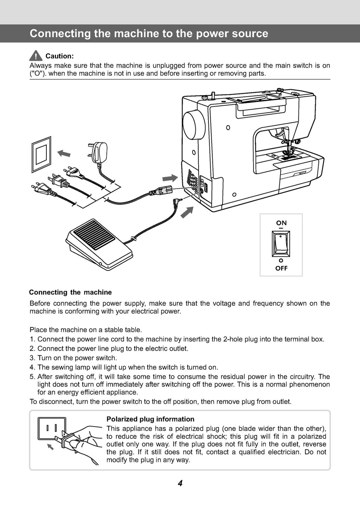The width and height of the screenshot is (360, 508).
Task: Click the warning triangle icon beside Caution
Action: pyautogui.click(x=36, y=56)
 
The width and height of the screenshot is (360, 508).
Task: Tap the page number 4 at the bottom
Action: pyautogui.click(x=180, y=483)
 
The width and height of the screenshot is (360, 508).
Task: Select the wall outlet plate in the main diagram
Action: pyautogui.click(x=41, y=154)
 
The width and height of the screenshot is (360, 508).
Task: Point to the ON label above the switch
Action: pyautogui.click(x=281, y=223)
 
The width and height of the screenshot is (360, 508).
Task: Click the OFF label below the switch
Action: pyautogui.click(x=281, y=268)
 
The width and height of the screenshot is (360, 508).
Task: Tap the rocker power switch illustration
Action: pyautogui.click(x=281, y=244)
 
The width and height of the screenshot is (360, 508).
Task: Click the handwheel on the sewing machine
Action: pyautogui.click(x=194, y=124)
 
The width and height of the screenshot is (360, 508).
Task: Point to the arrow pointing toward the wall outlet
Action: pyautogui.click(x=64, y=153)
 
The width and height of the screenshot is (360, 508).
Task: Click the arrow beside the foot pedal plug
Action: pyautogui.click(x=187, y=212)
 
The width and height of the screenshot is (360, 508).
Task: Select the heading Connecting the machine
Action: pyautogui.click(x=70, y=292)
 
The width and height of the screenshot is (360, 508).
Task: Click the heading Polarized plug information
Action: pyautogui.click(x=150, y=419)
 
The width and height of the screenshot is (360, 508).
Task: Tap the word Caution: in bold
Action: pyautogui.click(x=59, y=56)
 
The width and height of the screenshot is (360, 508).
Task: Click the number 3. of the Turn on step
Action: pyautogui.click(x=33, y=358)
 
